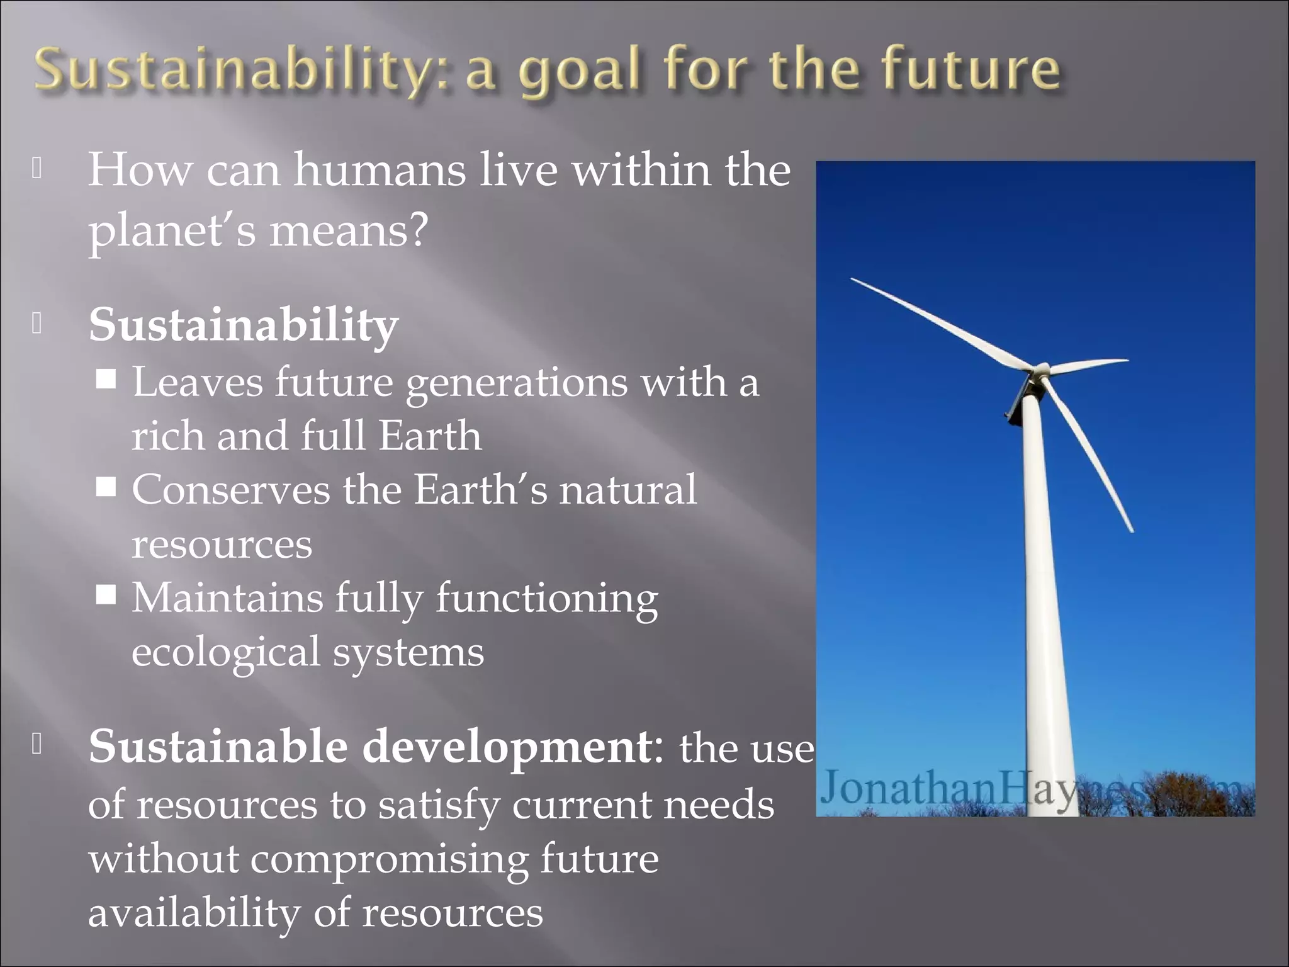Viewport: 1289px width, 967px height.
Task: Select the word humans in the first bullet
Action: pos(380,170)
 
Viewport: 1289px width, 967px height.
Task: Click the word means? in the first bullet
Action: pos(349,230)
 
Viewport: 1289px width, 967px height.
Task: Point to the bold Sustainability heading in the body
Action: pos(244,325)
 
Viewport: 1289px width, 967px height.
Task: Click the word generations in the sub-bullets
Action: pos(516,383)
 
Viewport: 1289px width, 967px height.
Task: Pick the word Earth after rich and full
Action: pos(431,436)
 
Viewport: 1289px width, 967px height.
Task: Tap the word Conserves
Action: pos(230,490)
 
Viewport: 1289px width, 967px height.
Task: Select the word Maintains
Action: pos(227,598)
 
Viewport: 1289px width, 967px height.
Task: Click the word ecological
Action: pos(226,652)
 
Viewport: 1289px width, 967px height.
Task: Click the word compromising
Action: pos(390,859)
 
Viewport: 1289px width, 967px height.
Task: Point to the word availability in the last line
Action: pos(194,913)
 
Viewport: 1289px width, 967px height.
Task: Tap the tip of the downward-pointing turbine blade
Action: pos(1131,530)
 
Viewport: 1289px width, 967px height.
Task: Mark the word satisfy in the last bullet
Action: pos(438,806)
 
